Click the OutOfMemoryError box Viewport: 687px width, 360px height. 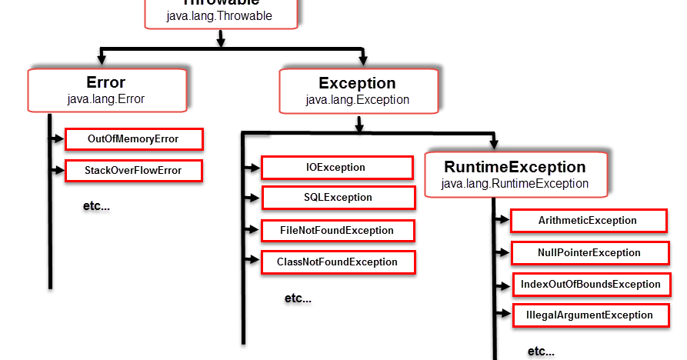tap(133, 139)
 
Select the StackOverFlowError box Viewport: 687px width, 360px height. tap(133, 171)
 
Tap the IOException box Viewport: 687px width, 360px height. tap(337, 168)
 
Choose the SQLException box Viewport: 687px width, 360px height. tap(337, 198)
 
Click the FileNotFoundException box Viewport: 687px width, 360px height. tap(337, 231)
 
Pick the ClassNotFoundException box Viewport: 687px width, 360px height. tap(337, 262)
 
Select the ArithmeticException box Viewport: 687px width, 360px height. tap(588, 221)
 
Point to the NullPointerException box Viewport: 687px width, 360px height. tap(589, 253)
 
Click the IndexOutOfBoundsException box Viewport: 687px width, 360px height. tap(590, 285)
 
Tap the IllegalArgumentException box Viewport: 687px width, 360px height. tap(589, 315)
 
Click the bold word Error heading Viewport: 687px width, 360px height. tap(106, 82)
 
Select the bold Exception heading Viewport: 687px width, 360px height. tap(357, 83)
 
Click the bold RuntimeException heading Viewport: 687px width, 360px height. tap(515, 167)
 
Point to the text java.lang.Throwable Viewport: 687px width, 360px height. tap(219, 15)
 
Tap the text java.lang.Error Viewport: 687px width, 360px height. tap(106, 98)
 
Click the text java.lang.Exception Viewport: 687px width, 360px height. tap(357, 99)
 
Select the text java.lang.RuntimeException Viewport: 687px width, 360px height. tap(515, 184)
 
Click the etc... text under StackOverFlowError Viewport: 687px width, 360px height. tap(96, 208)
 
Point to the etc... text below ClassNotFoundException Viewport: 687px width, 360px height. tap(298, 298)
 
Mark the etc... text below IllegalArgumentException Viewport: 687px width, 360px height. tap(540, 352)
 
